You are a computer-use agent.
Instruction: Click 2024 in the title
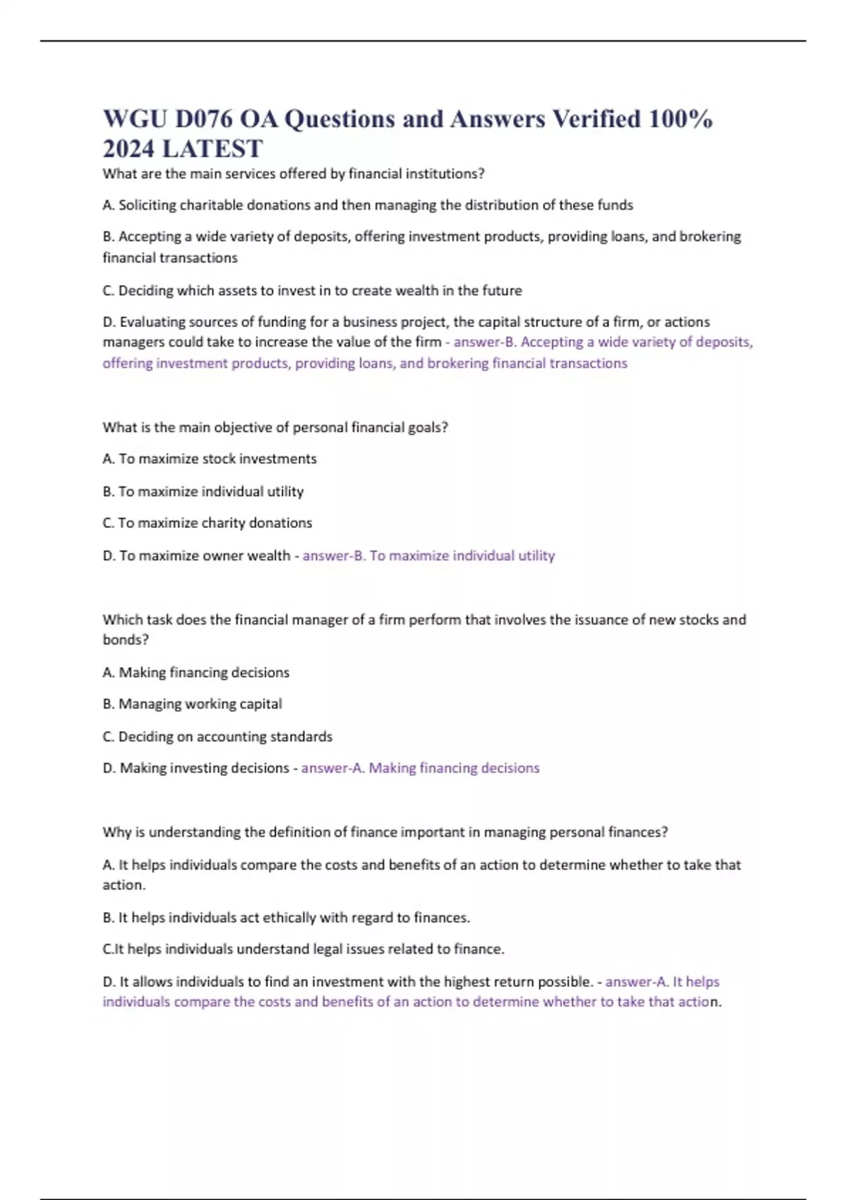click(x=129, y=149)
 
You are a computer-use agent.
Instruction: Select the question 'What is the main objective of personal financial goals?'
click(x=275, y=428)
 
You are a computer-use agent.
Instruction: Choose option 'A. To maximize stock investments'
click(x=210, y=459)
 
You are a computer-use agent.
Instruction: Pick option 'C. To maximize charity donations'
click(x=208, y=523)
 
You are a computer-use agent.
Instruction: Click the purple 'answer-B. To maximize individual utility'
click(x=428, y=556)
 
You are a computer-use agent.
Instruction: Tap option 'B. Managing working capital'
click(x=192, y=704)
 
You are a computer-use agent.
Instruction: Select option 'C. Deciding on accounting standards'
click(x=217, y=737)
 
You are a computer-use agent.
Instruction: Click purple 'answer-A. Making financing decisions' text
click(x=420, y=768)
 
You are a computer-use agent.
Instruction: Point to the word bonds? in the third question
click(x=126, y=640)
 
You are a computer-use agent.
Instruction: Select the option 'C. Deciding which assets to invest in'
click(x=312, y=291)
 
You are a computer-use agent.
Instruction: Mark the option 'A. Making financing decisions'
click(x=196, y=673)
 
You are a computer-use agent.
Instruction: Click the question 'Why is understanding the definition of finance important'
click(x=385, y=832)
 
